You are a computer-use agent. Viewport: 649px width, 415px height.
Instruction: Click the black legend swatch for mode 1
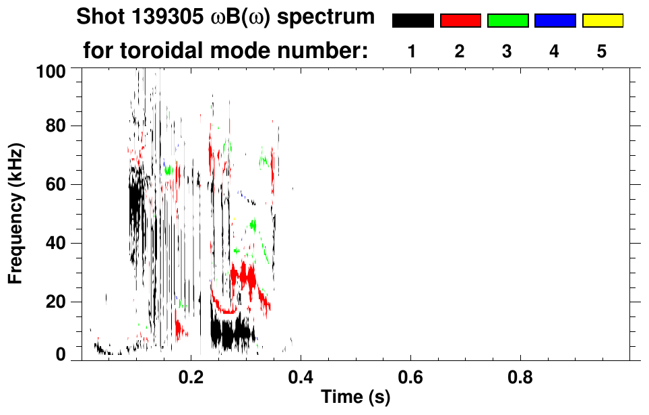(x=412, y=21)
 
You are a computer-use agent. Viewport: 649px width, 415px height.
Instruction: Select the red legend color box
(x=460, y=21)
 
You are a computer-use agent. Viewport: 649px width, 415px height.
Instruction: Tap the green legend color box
(x=507, y=21)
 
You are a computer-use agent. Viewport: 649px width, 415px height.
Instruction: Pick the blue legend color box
(x=555, y=21)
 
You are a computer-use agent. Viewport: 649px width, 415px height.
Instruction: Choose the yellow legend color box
(x=602, y=21)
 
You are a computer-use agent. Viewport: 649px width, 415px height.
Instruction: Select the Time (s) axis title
(x=355, y=397)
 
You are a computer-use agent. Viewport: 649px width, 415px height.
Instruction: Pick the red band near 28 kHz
(x=243, y=276)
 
